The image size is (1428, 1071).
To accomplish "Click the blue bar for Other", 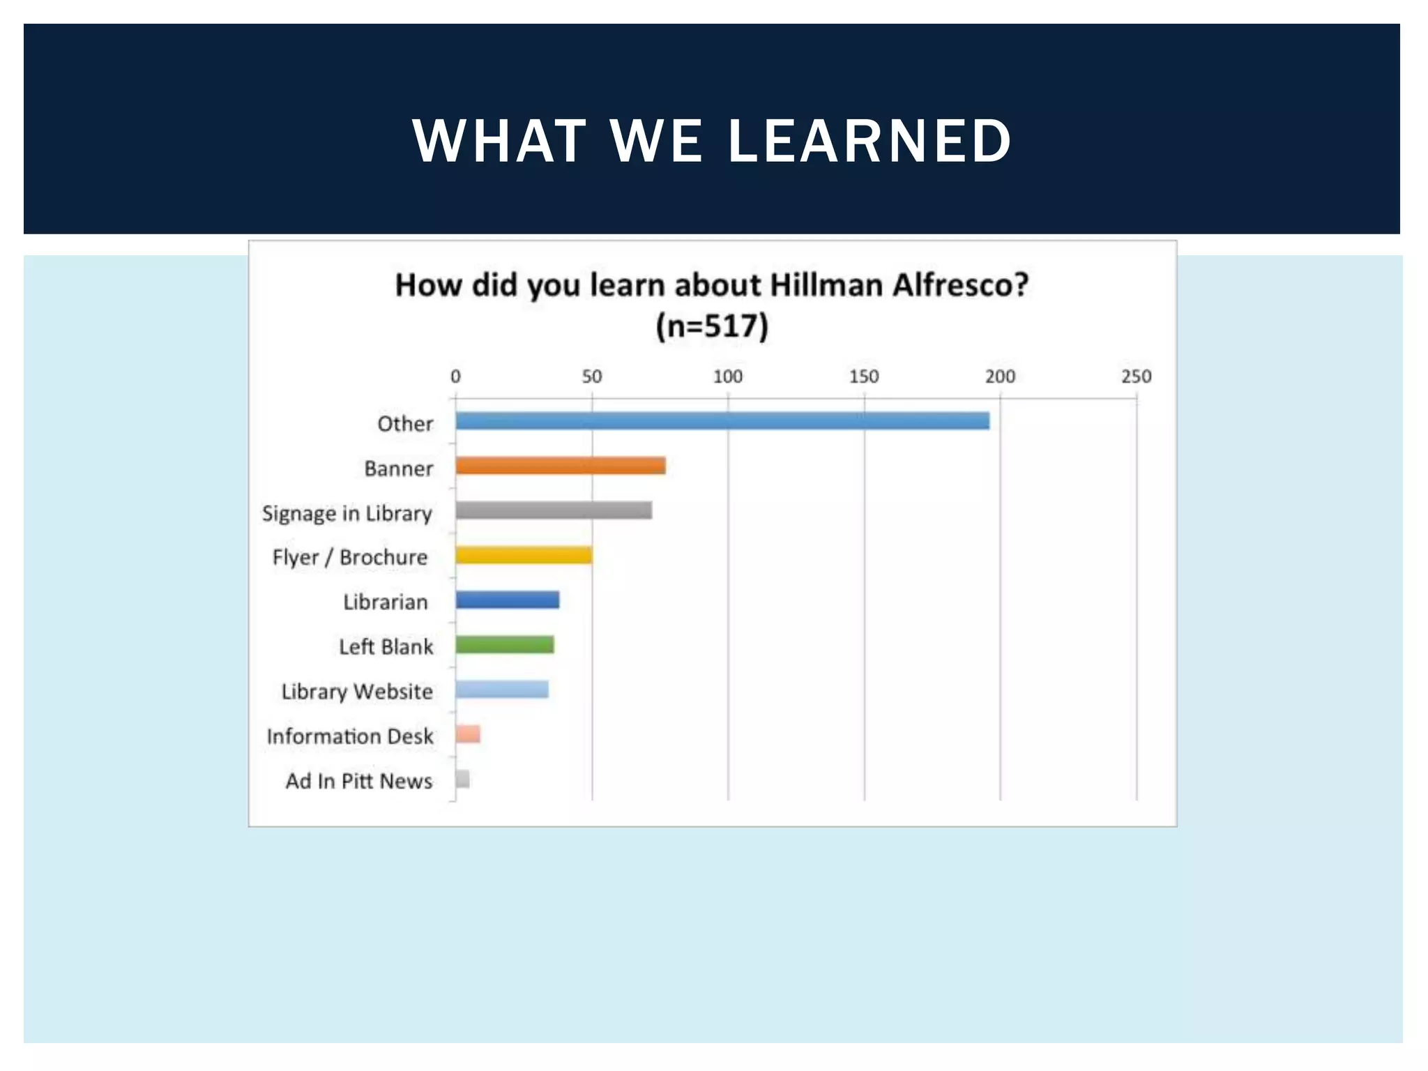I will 722,420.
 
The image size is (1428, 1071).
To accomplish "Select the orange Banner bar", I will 560,465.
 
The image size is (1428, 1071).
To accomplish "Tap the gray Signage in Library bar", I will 554,510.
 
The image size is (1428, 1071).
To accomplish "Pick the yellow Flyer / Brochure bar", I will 524,555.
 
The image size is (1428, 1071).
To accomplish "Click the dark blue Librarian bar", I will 507,600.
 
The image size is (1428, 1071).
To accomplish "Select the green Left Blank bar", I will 504,644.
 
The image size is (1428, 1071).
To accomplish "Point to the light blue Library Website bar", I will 501,689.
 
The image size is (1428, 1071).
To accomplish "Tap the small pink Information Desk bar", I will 468,734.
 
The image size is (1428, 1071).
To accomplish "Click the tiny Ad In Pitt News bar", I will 462,779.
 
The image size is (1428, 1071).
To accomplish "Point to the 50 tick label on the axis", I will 591,377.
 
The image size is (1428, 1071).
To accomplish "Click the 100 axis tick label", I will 727,377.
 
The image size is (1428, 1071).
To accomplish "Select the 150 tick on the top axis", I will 863,377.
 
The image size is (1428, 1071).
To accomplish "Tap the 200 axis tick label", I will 1000,377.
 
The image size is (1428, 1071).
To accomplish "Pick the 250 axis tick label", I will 1136,377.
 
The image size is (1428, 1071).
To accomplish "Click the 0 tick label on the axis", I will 455,377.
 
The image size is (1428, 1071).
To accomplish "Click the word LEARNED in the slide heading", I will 869,141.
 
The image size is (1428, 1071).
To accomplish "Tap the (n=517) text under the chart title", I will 712,326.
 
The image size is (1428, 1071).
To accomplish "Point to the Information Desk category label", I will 349,736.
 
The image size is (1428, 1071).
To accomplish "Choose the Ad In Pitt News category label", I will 358,780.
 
